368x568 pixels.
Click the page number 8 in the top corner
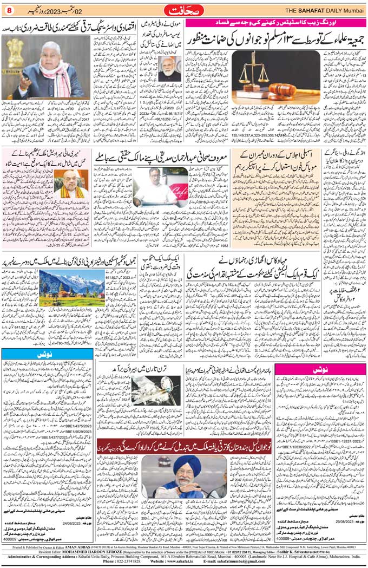point(9,9)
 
